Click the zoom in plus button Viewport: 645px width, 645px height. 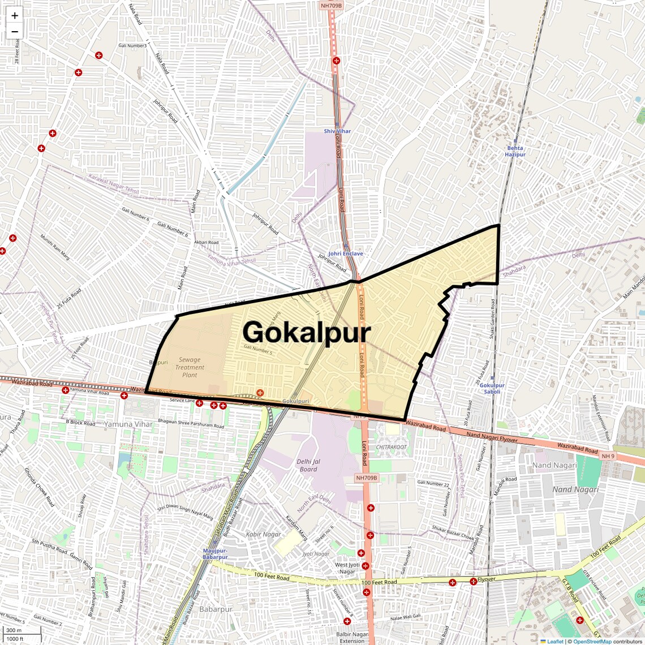[x=15, y=16]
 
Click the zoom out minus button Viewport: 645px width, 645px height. [x=15, y=32]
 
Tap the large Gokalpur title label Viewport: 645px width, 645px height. [x=307, y=332]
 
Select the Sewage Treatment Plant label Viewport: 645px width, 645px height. [x=190, y=367]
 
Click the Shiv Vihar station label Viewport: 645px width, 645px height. [x=337, y=131]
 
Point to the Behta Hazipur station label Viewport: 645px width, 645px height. [x=515, y=151]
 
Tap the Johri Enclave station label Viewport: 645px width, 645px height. [x=346, y=254]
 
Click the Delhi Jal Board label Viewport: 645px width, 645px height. [x=308, y=465]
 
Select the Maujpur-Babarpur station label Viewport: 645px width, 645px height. [x=215, y=554]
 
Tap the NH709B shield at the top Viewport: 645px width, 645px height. [x=332, y=6]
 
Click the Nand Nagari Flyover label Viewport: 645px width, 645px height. [x=492, y=437]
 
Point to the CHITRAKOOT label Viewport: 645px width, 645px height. [x=392, y=447]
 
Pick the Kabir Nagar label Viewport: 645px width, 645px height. [x=263, y=534]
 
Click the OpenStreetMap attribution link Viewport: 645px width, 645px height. [x=592, y=642]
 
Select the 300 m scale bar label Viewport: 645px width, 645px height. [x=14, y=630]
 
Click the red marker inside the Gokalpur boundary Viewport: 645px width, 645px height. [x=260, y=393]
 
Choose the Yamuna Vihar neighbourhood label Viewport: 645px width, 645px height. [x=128, y=424]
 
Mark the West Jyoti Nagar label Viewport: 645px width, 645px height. [x=347, y=568]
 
